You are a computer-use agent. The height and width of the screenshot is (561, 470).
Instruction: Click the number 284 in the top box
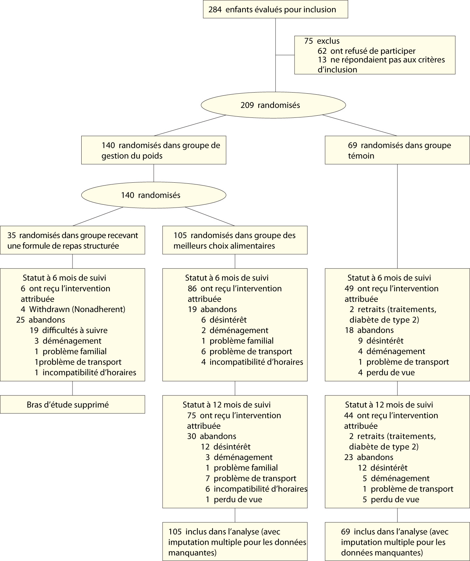coord(215,10)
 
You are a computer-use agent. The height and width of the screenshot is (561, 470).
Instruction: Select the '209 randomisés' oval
coord(273,105)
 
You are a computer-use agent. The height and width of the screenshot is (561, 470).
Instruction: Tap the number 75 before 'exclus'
coord(309,41)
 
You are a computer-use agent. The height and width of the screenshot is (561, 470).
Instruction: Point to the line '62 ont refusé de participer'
coord(366,51)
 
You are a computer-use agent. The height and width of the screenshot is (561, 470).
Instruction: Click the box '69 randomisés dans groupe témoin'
coord(397,150)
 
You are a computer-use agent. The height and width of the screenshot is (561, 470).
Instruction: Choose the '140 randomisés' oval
coord(153,195)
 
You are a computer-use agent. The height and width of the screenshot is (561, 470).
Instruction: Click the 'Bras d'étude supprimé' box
coord(72,405)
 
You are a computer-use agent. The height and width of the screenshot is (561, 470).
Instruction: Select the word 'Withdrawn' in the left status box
coord(47,309)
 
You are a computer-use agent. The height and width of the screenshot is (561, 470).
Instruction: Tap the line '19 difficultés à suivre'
coord(69,330)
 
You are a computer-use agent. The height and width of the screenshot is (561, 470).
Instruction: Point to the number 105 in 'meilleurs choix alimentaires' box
coord(180,236)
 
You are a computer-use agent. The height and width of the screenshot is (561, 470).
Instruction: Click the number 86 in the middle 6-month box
coord(192,289)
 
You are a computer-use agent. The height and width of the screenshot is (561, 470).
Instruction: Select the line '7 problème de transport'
coord(251,478)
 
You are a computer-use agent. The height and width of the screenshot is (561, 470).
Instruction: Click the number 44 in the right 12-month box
coord(349,415)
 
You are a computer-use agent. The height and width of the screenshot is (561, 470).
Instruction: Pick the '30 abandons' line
coord(212,436)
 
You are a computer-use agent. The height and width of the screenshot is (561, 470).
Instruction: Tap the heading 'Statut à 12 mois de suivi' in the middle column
coord(227,405)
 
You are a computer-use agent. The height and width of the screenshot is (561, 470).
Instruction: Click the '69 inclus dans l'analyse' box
coord(397,542)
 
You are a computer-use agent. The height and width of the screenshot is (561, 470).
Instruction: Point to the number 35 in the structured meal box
coord(12,236)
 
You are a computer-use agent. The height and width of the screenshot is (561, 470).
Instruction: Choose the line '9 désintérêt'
coord(381,341)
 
